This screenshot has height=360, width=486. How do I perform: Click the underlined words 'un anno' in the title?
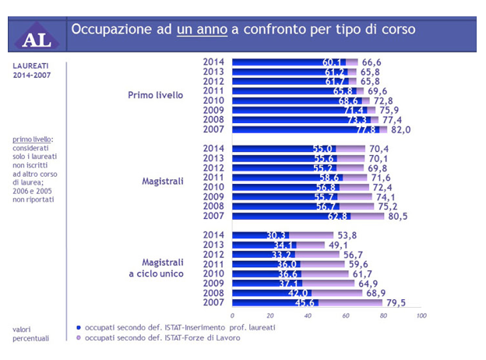pos(202,30)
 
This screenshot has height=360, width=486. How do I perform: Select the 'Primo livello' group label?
pos(156,95)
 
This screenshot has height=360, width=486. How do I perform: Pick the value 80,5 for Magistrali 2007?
pos(397,216)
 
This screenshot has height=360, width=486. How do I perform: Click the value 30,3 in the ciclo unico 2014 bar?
pos(277,235)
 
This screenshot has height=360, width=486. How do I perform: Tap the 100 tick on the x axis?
pos(421,316)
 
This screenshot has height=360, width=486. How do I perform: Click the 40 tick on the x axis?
pos(308,316)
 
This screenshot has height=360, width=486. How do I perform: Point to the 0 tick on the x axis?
pos(233,316)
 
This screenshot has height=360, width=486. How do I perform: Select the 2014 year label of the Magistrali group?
pos(213,148)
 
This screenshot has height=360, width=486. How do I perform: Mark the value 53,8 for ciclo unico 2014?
pos(371,235)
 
